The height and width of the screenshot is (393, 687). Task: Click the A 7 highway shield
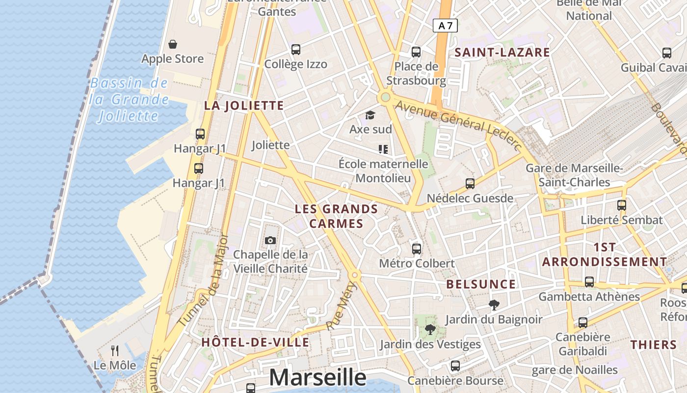445,26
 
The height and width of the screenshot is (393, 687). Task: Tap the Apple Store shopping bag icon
173,45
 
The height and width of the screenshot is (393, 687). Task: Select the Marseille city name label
317,377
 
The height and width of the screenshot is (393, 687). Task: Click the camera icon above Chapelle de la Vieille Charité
270,240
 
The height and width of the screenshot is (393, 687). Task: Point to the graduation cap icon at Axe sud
370,115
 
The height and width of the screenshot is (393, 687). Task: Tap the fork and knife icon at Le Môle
115,350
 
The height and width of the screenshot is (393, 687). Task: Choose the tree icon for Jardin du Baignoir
494,305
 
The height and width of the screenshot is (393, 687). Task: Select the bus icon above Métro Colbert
417,249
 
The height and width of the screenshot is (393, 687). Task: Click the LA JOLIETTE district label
244,106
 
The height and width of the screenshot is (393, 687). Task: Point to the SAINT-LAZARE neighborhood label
502,53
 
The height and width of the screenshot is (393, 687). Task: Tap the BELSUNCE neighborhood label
481,284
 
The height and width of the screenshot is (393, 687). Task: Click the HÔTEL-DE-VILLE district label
255,342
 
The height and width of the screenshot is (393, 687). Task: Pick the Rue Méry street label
341,306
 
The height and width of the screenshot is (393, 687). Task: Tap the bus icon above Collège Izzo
295,50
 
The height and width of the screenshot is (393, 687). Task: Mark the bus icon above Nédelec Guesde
470,184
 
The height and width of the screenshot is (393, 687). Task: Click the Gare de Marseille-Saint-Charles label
574,175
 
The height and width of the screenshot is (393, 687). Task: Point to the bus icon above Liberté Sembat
621,205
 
